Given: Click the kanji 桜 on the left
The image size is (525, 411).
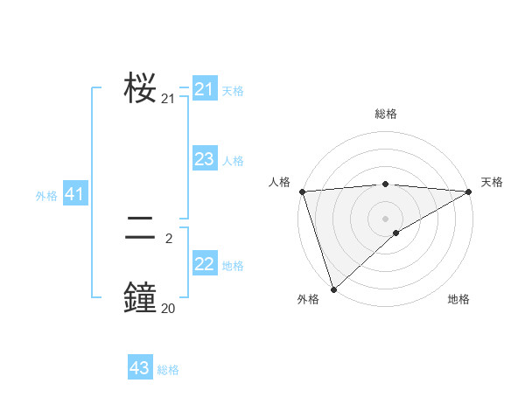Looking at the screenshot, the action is tap(140, 88).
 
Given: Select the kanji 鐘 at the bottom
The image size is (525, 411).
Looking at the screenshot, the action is tap(140, 297).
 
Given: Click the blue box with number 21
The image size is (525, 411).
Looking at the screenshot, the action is tap(205, 89).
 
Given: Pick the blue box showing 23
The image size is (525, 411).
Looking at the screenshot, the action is tap(205, 159).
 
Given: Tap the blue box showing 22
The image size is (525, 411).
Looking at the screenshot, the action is tap(205, 264).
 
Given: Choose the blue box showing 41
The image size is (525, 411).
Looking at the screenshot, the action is tap(74, 195).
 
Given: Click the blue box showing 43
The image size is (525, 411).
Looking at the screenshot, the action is tap(140, 368).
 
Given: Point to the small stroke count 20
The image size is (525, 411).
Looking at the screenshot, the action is tap(168, 308).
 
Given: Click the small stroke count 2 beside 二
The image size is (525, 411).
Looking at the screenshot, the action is tap(169, 237).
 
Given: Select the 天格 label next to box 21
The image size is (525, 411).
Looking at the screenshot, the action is tap(233, 91).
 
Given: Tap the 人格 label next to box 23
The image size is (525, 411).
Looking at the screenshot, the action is tap(233, 161).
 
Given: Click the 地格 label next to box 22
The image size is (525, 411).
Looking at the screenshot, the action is tap(233, 266).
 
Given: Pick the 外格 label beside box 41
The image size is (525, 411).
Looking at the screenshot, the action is tap(46, 197).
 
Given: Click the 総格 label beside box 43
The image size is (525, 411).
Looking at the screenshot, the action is tap(168, 370).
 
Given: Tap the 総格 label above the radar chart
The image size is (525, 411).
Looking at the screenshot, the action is tap(385, 115).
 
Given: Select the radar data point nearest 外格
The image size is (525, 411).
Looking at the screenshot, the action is tap(333, 289).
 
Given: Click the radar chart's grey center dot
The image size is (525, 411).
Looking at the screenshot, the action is tap(385, 219).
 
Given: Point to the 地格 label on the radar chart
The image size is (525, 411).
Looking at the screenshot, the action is tap(458, 299).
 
